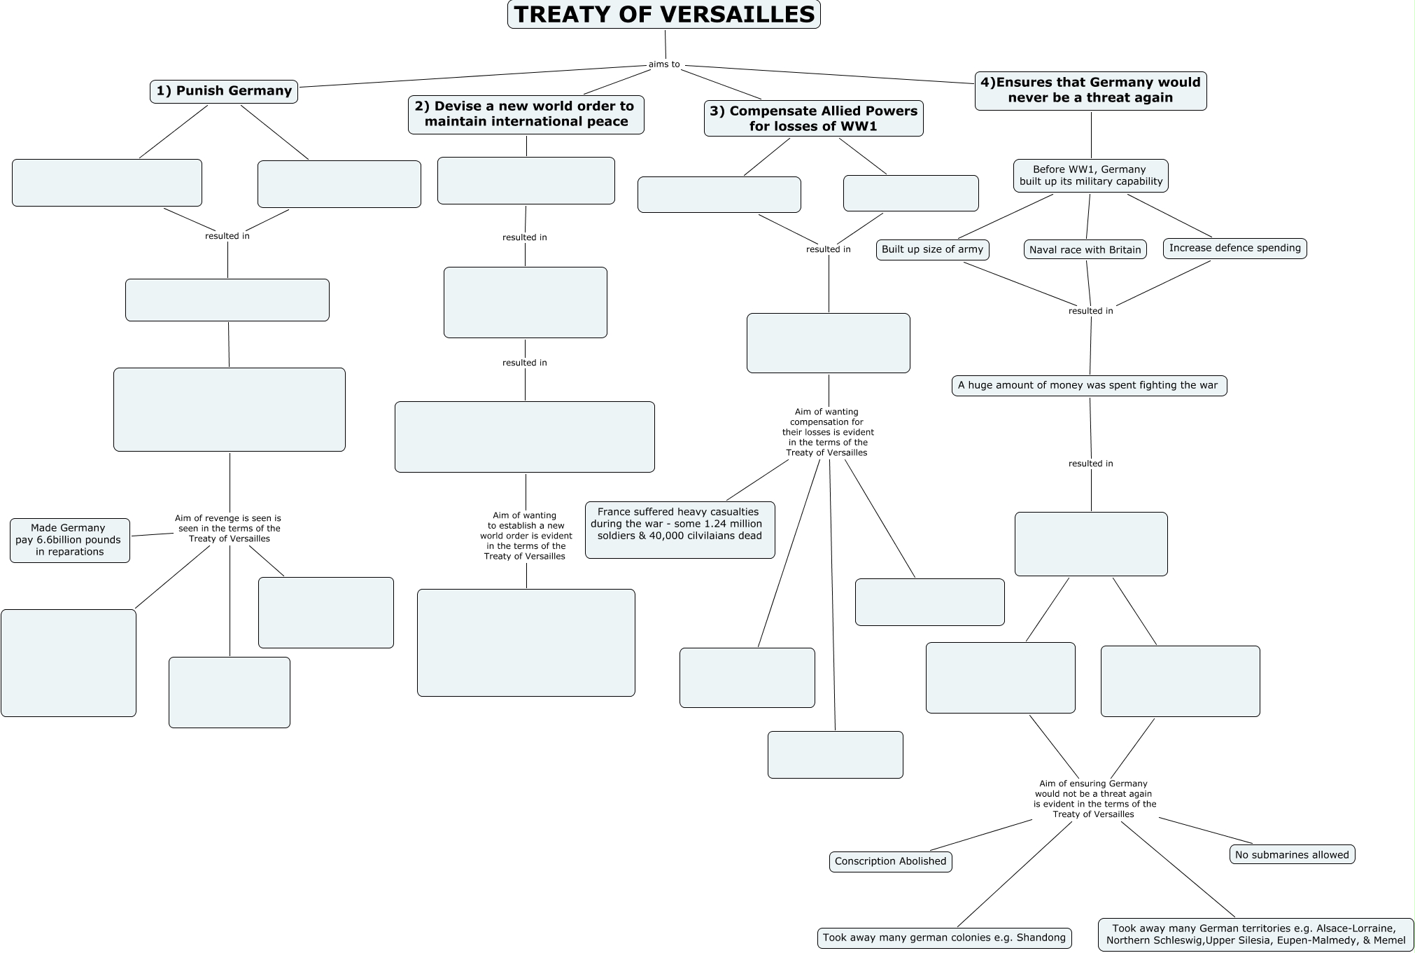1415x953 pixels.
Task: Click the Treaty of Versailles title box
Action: click(663, 15)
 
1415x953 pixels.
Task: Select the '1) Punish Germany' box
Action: click(224, 91)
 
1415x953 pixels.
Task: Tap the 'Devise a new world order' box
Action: click(526, 114)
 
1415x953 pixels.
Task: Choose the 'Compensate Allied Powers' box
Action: click(813, 118)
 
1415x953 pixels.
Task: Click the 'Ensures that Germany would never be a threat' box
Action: click(1090, 90)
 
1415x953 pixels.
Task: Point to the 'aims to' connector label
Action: click(664, 64)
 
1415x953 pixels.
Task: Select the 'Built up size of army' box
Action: click(932, 249)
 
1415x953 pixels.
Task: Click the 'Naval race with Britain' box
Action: click(1085, 250)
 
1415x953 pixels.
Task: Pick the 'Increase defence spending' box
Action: click(1234, 248)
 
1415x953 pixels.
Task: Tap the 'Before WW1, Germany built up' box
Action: click(1090, 175)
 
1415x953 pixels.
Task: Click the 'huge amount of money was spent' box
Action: click(1088, 385)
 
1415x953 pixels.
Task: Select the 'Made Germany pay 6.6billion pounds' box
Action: click(69, 540)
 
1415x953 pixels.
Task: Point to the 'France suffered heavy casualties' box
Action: click(680, 529)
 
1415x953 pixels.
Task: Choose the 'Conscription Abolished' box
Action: click(890, 861)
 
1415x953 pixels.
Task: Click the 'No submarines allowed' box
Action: click(1292, 854)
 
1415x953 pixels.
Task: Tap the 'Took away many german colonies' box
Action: click(944, 938)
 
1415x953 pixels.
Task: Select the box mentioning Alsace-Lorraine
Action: click(1255, 934)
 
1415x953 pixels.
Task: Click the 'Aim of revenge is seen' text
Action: click(228, 529)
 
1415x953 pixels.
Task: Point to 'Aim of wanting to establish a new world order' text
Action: click(526, 536)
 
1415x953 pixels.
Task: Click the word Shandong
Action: click(1041, 938)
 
